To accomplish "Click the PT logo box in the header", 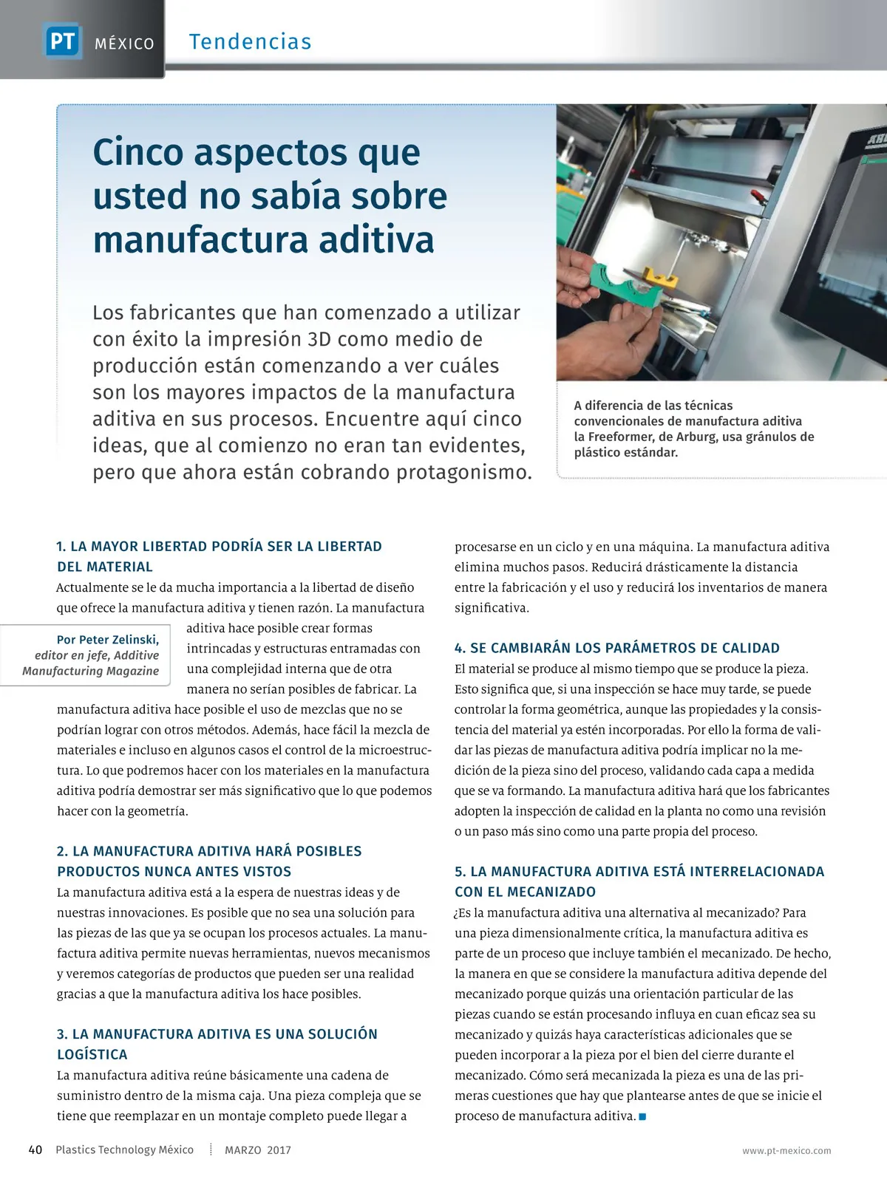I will click(62, 41).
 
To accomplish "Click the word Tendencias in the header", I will click(250, 42).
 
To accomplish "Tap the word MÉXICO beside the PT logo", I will click(124, 44).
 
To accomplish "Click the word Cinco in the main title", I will click(137, 153).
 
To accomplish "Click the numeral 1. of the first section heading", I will click(61, 547).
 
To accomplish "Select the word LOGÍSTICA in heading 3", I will click(92, 1055).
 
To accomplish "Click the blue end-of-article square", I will click(642, 1116).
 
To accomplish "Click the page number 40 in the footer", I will click(35, 1150).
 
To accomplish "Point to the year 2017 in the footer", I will click(279, 1150).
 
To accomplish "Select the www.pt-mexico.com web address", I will click(786, 1151).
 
